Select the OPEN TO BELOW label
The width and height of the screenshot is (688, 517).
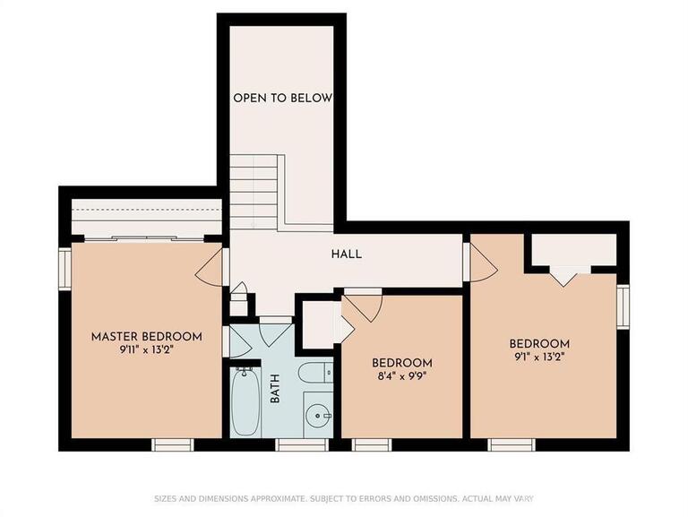tap(282, 98)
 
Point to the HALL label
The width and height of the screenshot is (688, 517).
tap(346, 254)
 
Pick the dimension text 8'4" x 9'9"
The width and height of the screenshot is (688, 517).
tap(401, 376)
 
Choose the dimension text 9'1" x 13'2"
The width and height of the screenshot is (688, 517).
tap(539, 357)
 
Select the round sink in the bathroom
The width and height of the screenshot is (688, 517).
tap(318, 419)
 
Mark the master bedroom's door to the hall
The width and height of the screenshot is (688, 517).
tap(211, 265)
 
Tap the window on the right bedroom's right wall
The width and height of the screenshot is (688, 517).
tap(623, 306)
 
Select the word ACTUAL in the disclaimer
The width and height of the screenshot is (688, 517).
tap(488, 498)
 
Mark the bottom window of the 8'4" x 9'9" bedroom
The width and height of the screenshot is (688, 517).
tap(371, 444)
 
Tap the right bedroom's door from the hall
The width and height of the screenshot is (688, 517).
tap(481, 262)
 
